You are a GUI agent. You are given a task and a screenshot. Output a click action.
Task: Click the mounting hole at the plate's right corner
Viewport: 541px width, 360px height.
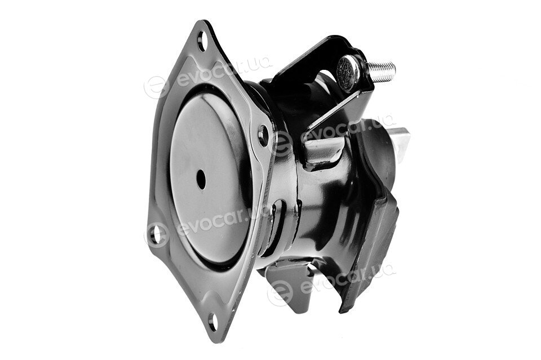pyautogui.click(x=264, y=135)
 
